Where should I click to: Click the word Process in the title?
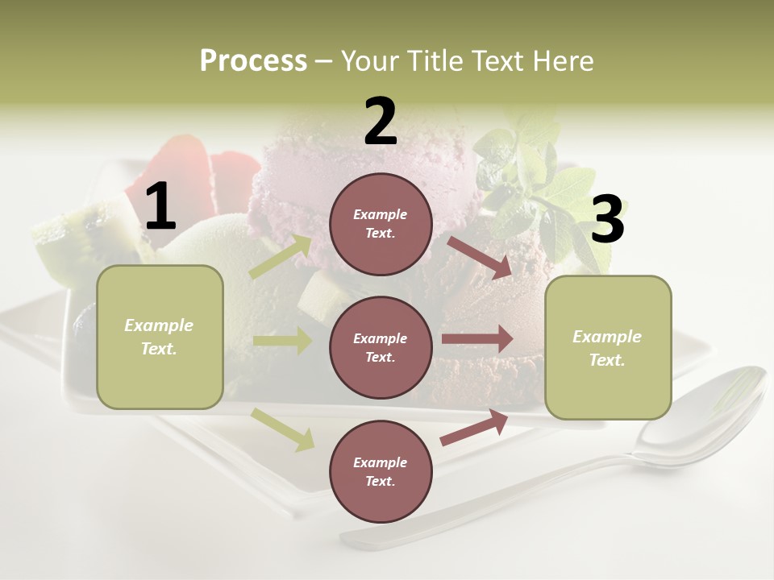pyautogui.click(x=253, y=61)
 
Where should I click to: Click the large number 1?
pyautogui.click(x=160, y=207)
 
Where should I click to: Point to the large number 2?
pyautogui.click(x=381, y=122)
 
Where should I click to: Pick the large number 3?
pyautogui.click(x=607, y=219)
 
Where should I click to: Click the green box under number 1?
pyautogui.click(x=160, y=337)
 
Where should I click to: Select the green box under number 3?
pyautogui.click(x=608, y=348)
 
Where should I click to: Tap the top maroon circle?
pyautogui.click(x=381, y=224)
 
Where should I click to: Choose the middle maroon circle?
pyautogui.click(x=381, y=347)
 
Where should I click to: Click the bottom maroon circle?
pyautogui.click(x=381, y=471)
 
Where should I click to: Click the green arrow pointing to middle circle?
pyautogui.click(x=282, y=341)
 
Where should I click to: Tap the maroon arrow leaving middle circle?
pyautogui.click(x=477, y=338)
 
